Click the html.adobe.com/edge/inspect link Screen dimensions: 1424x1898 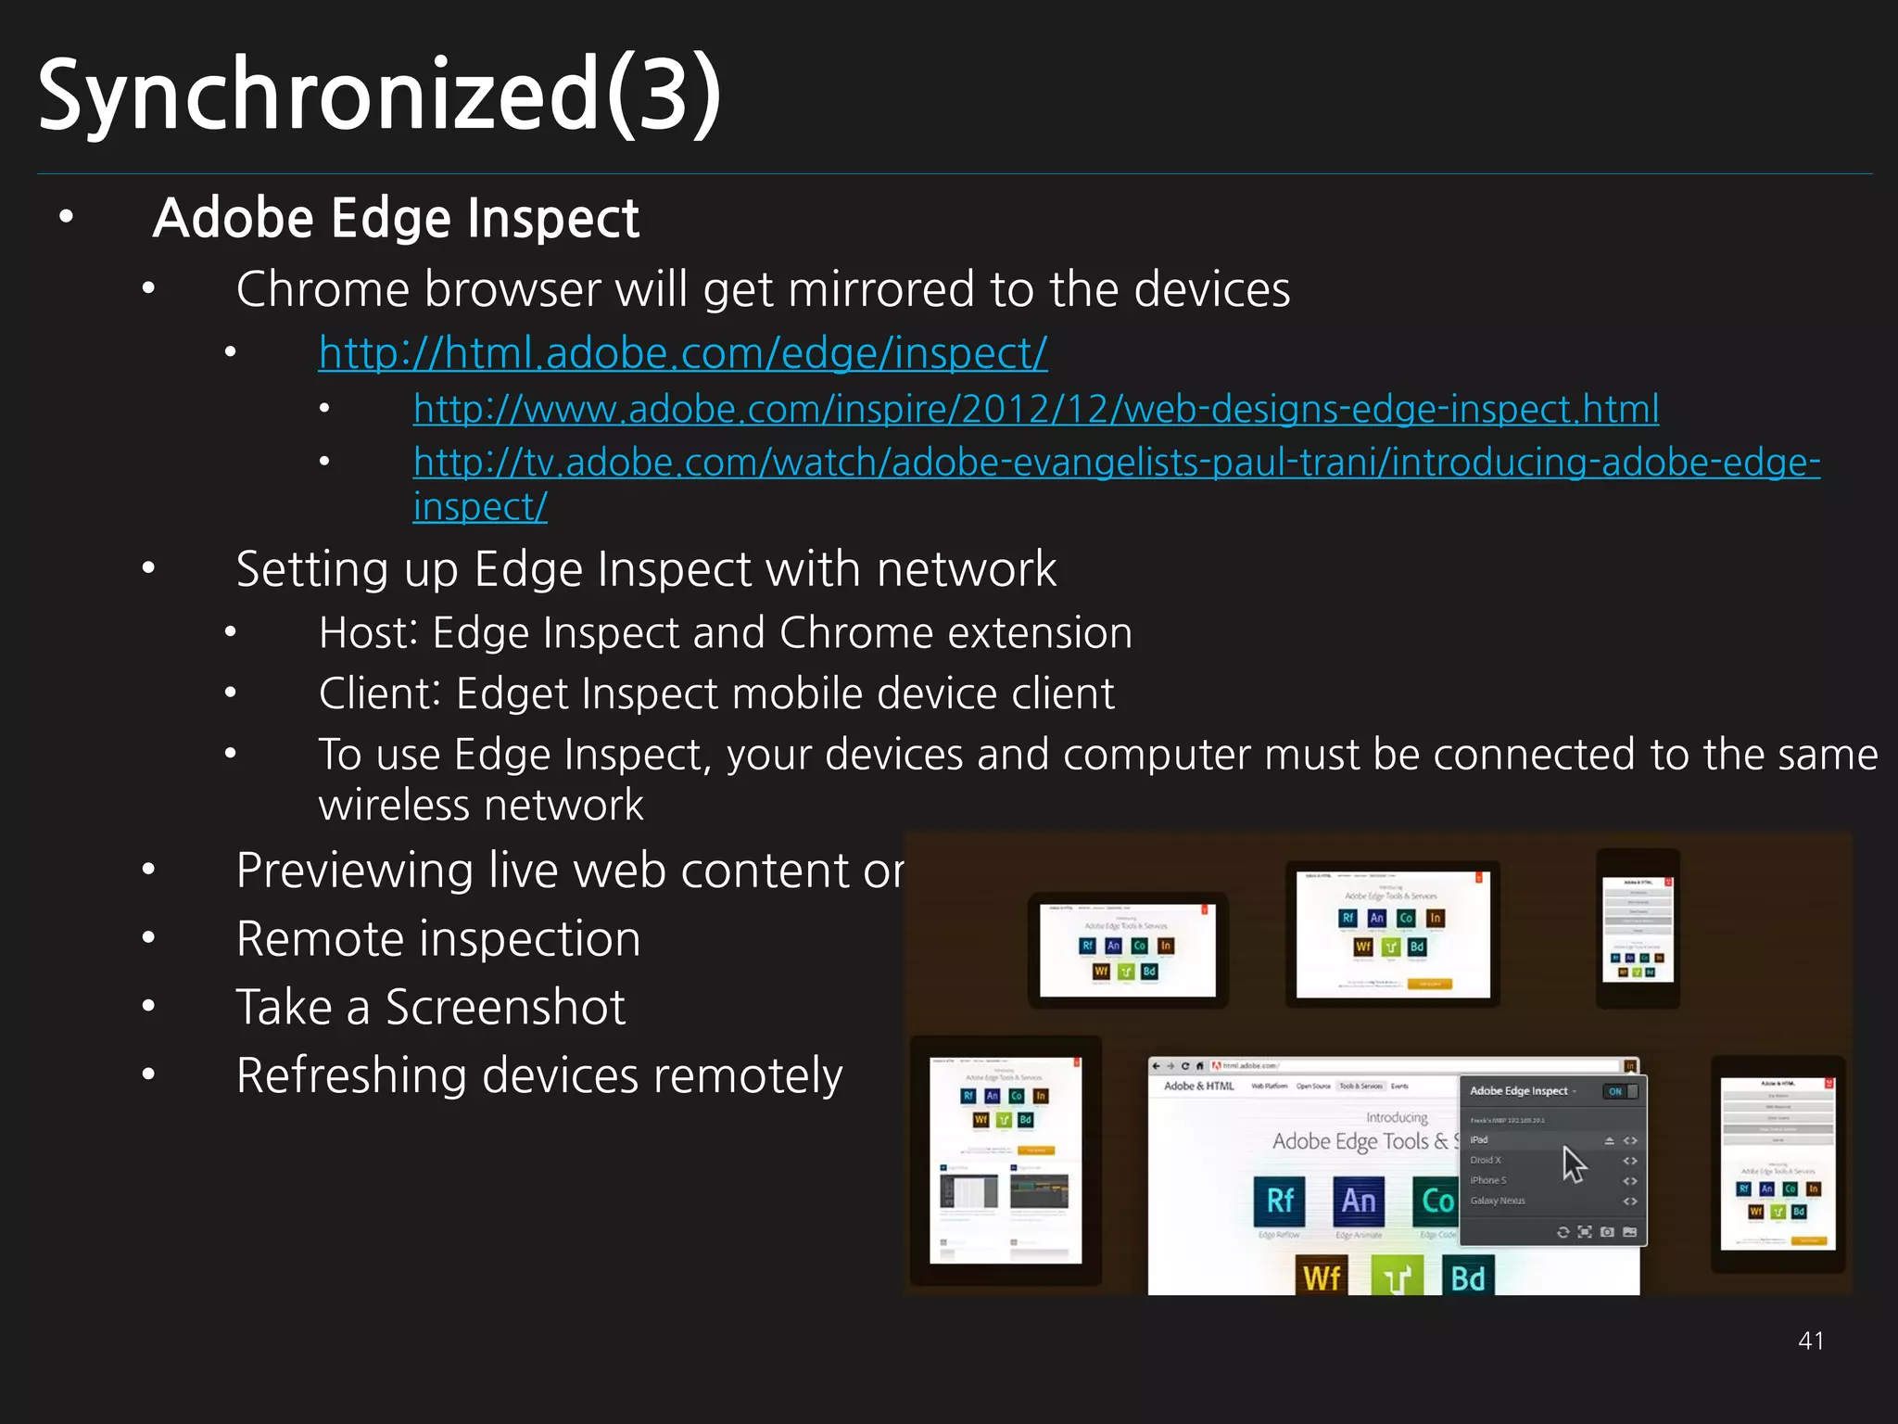683,353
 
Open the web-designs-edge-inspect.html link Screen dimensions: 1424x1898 1035,409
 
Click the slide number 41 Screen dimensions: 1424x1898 1811,1341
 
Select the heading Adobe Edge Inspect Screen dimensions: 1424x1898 396,219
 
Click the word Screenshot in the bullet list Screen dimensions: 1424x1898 505,1008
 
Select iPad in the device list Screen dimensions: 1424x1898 1479,1140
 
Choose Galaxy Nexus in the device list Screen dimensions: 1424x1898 1497,1201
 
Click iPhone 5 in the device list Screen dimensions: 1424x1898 1487,1180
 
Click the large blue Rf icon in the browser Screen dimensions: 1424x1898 1280,1201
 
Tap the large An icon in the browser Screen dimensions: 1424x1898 1359,1201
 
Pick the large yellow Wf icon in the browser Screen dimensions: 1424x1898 1322,1278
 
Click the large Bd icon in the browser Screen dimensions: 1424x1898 1468,1278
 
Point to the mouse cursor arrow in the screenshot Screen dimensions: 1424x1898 1574,1164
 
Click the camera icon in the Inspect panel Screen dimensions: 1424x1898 1607,1232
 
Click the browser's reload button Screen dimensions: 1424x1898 1184,1066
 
